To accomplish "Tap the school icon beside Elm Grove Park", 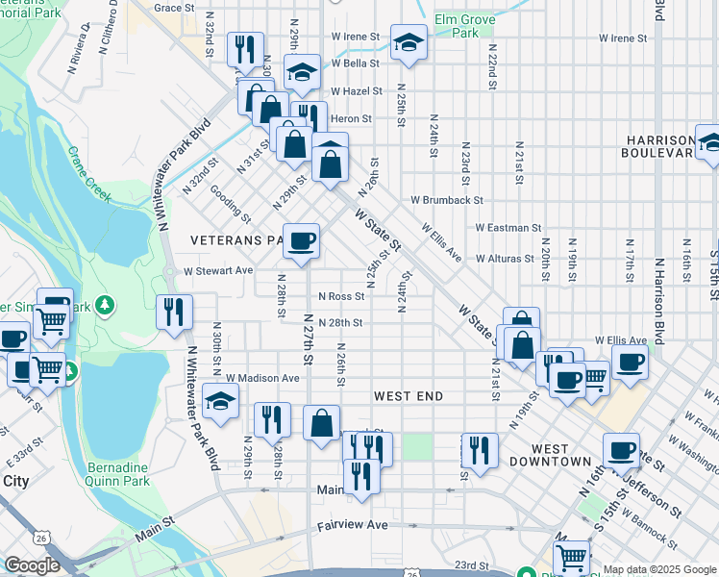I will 409,42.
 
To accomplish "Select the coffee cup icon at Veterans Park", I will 301,240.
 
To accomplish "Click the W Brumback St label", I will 446,200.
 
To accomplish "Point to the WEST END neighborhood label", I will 409,396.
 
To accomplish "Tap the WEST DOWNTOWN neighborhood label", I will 561,455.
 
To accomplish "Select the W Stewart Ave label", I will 218,271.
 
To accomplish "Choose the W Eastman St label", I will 508,228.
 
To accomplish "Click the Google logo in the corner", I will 32,565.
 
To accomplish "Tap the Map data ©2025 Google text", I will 658,569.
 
